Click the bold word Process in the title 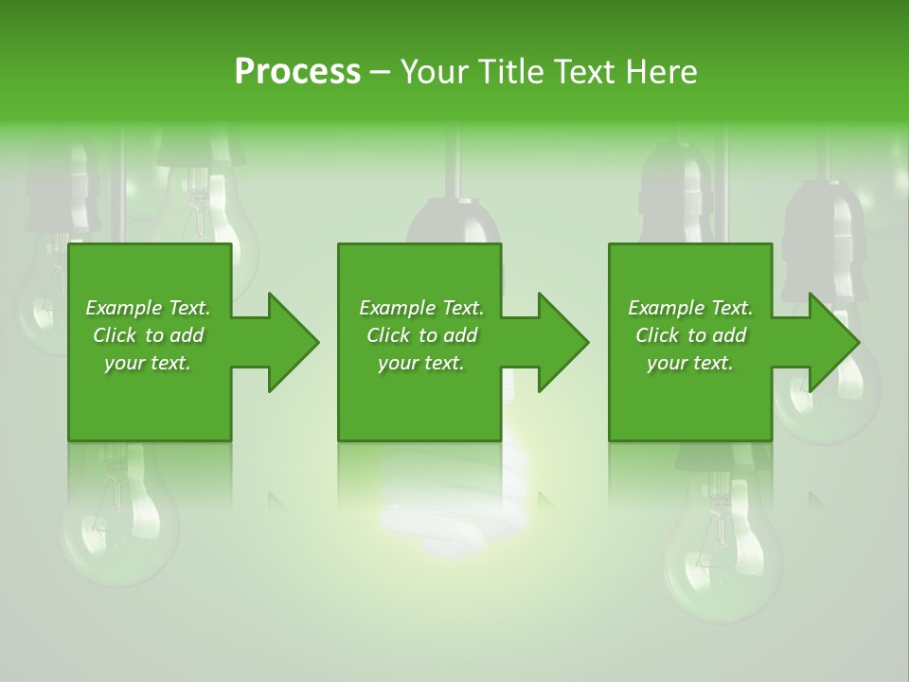pos(297,71)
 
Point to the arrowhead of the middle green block pos(561,342)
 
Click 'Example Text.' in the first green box pos(148,308)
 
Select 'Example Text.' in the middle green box pos(421,308)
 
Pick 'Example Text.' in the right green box pos(690,308)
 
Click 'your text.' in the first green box pos(148,363)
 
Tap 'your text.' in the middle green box pos(421,363)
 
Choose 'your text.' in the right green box pos(690,363)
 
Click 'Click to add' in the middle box pos(421,335)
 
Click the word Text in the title pos(585,71)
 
